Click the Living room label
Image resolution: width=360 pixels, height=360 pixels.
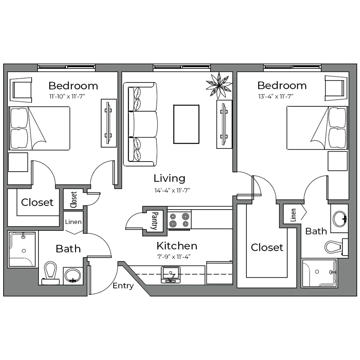pyautogui.click(x=170, y=178)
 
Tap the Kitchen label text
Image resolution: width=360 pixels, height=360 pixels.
pyautogui.click(x=177, y=246)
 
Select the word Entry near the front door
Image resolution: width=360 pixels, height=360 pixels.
pyautogui.click(x=123, y=286)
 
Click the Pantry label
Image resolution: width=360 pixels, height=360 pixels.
pyautogui.click(x=154, y=221)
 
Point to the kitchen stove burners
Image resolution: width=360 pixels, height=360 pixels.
pyautogui.click(x=179, y=220)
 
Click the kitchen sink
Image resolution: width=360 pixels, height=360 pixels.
pyautogui.click(x=170, y=275)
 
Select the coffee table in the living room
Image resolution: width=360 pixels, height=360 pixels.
pyautogui.click(x=186, y=122)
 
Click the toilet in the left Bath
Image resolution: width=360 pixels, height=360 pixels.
pyautogui.click(x=51, y=272)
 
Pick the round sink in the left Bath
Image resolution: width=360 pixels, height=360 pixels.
pyautogui.click(x=72, y=275)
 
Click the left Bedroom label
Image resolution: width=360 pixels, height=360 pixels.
pyautogui.click(x=73, y=86)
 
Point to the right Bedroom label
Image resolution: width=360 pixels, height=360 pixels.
pyautogui.click(x=282, y=86)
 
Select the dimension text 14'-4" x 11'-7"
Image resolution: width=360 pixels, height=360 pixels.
pyautogui.click(x=171, y=190)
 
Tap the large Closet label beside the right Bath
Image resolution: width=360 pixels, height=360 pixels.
pyautogui.click(x=267, y=248)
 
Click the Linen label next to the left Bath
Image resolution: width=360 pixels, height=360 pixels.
pyautogui.click(x=73, y=222)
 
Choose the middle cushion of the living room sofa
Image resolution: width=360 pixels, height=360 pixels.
pyautogui.click(x=143, y=124)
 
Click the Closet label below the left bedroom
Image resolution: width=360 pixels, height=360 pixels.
pyautogui.click(x=38, y=202)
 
